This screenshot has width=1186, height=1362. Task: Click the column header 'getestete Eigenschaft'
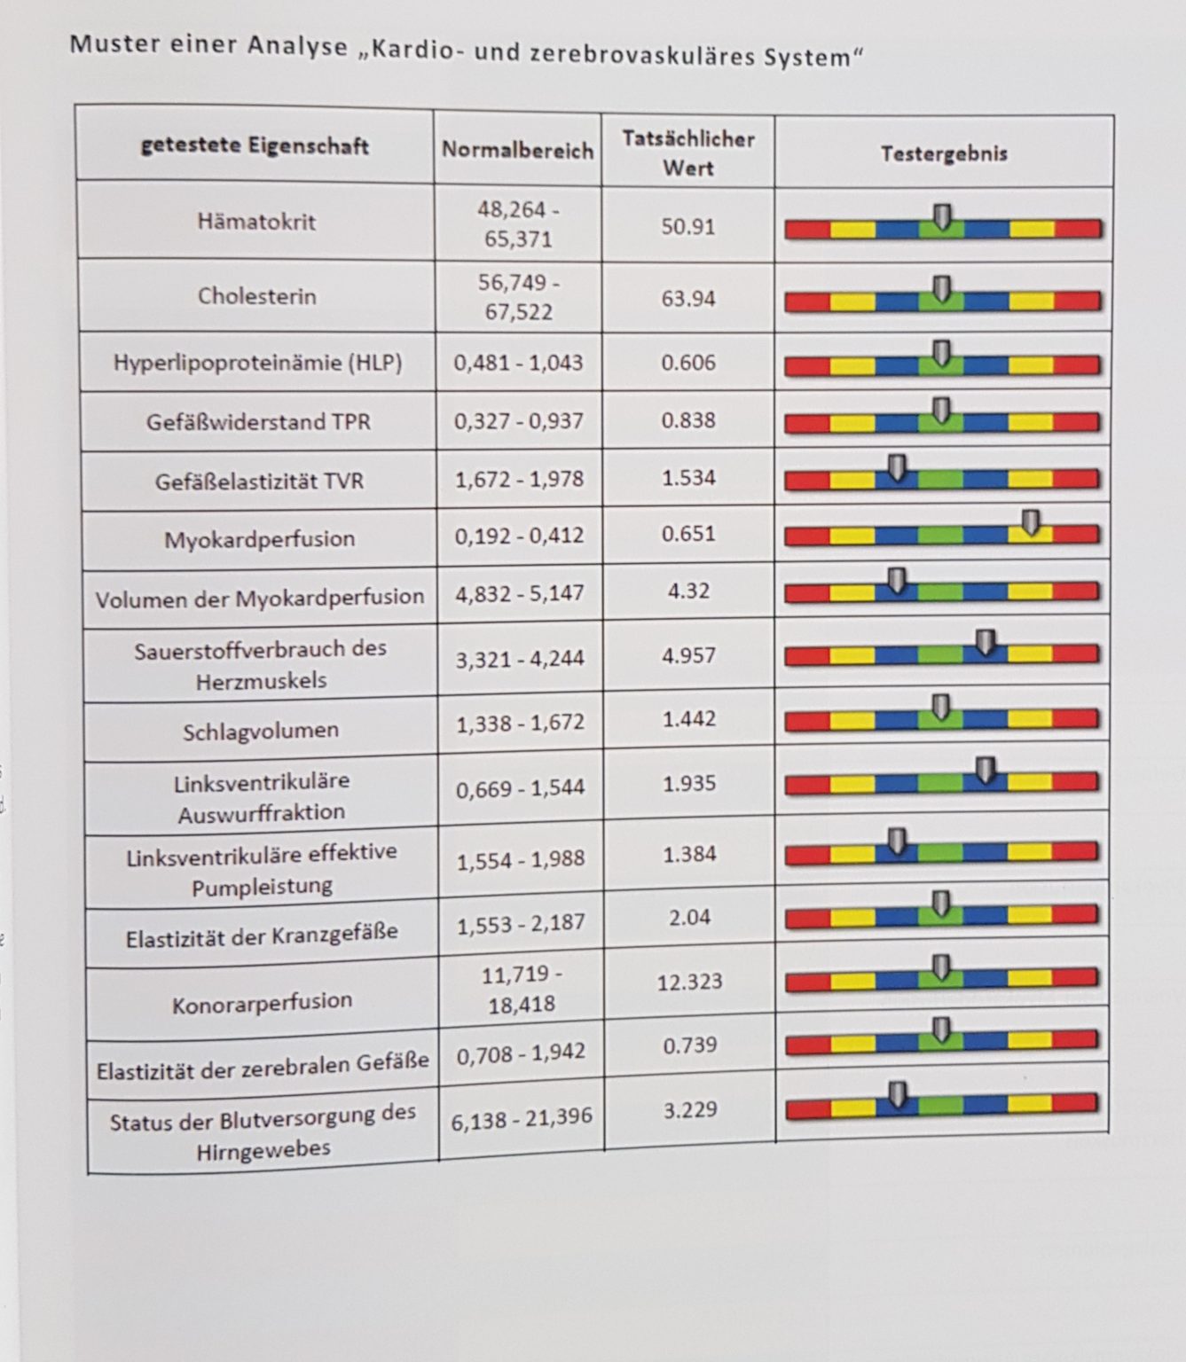click(x=255, y=145)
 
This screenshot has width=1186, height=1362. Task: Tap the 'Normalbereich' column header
click(x=517, y=151)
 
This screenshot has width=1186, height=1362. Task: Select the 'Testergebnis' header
click(x=944, y=153)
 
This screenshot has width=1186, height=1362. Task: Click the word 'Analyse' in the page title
click(x=298, y=45)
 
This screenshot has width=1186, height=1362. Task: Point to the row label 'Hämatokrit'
click(x=256, y=221)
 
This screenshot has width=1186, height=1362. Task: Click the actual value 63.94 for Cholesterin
click(x=687, y=298)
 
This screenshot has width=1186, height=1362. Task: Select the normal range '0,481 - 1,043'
click(x=518, y=363)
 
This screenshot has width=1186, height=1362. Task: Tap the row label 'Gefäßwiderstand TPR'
click(x=258, y=421)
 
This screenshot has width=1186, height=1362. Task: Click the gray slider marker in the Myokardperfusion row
click(x=1031, y=522)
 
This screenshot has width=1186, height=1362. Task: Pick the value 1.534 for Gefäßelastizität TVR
click(x=687, y=478)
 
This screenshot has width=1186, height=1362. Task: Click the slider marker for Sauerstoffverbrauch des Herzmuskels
click(x=986, y=643)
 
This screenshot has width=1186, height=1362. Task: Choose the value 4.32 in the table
click(x=688, y=591)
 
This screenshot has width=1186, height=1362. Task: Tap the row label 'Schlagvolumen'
click(x=261, y=731)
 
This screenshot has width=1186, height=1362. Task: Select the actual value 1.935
click(x=689, y=784)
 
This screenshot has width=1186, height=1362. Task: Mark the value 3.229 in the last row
click(x=690, y=1109)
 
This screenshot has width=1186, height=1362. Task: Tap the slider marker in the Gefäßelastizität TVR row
click(x=898, y=468)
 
